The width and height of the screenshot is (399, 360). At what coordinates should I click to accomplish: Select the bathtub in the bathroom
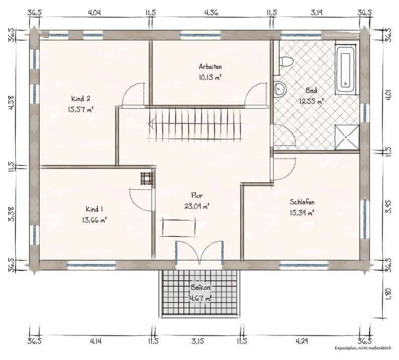[346, 69]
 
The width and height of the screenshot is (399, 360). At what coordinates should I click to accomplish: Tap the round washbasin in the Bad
[280, 89]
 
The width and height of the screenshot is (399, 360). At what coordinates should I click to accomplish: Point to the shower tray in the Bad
[346, 137]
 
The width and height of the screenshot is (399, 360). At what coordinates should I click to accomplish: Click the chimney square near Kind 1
[147, 178]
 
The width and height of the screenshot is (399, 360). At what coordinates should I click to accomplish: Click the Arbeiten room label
[210, 67]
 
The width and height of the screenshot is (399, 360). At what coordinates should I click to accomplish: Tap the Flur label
[197, 195]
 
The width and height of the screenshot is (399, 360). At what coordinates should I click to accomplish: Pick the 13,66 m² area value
[94, 219]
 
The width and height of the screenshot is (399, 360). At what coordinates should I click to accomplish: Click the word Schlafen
[302, 202]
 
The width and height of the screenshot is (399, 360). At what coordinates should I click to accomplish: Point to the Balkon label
[201, 288]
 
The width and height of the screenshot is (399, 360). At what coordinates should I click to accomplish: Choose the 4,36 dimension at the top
[211, 13]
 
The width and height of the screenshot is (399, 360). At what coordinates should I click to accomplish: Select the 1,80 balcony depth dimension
[388, 294]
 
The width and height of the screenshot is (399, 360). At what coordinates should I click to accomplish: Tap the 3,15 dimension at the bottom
[197, 341]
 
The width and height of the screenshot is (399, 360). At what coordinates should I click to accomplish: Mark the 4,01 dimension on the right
[388, 95]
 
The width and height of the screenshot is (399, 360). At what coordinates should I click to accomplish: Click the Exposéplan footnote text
[363, 348]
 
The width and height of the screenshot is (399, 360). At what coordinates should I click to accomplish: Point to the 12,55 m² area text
[312, 101]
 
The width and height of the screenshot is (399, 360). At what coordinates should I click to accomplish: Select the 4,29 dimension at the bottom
[302, 341]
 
